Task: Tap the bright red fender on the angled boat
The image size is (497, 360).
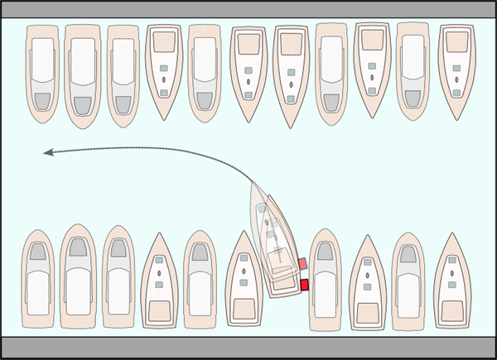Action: (x=304, y=285)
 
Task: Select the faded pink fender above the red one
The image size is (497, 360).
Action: (x=302, y=264)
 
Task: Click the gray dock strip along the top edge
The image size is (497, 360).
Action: (x=248, y=8)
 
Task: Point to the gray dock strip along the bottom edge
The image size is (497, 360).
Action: (x=248, y=348)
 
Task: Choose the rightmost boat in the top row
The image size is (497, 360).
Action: (x=456, y=70)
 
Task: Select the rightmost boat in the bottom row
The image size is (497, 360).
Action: (x=452, y=281)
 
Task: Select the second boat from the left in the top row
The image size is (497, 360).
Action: (x=83, y=74)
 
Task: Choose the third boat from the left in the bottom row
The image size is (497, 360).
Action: (x=118, y=277)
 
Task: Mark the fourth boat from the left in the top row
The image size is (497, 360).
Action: (x=164, y=70)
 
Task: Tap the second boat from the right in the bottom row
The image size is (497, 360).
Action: (x=409, y=280)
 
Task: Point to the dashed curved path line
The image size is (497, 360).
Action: (x=166, y=149)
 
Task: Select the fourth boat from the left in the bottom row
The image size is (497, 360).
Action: (x=160, y=281)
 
